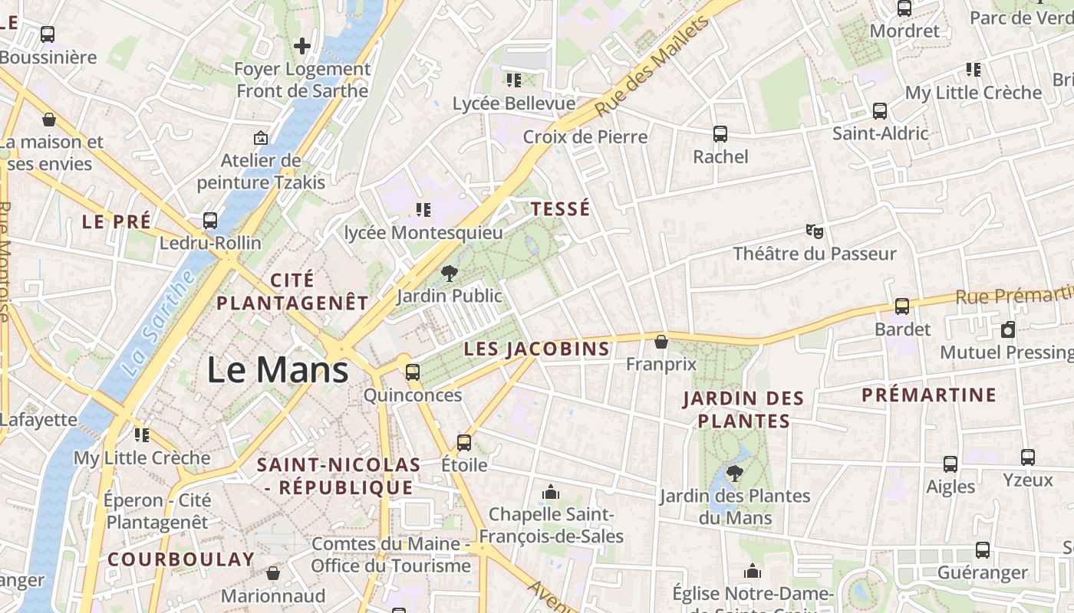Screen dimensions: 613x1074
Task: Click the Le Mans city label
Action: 278,370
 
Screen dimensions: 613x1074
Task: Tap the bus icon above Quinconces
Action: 413,372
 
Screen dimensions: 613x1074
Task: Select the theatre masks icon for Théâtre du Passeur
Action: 814,231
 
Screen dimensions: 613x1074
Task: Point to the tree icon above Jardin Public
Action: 450,273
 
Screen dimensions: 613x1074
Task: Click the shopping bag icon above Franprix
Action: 661,342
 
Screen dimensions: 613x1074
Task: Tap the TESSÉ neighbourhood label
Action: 561,209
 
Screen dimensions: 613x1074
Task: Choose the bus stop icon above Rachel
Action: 720,134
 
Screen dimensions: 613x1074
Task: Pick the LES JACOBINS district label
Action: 537,349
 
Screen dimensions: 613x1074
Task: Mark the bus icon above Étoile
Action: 464,442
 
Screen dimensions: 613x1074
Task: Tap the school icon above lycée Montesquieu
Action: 423,209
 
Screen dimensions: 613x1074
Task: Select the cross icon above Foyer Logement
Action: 302,46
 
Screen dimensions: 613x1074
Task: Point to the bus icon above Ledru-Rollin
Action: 210,221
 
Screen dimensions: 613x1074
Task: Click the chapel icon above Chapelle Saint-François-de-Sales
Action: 551,491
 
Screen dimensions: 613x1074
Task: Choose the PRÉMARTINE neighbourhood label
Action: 929,395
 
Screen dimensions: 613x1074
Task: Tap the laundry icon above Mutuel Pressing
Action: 1008,329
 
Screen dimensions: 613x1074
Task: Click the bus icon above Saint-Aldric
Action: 880,111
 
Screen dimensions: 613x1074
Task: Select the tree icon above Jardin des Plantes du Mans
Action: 734,473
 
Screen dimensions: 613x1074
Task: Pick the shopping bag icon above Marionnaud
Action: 273,573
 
